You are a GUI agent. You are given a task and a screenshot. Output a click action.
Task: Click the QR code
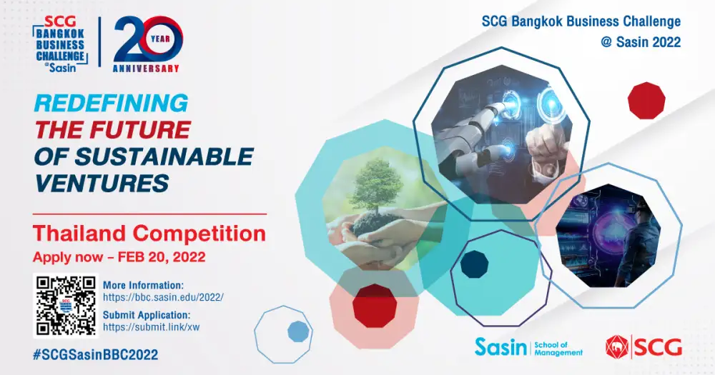coord(66,305)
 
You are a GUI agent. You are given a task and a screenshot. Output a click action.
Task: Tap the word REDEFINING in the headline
coord(111,104)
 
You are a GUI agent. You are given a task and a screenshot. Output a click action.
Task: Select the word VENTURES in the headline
coord(102,183)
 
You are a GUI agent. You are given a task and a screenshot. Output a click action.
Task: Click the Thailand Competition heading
coord(149,234)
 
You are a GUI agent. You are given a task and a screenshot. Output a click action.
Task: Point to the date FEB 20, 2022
coord(162,257)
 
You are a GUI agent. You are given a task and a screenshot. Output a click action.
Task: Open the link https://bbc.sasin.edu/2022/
coord(163,298)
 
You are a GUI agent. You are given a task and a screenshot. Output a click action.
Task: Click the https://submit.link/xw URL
coord(152,326)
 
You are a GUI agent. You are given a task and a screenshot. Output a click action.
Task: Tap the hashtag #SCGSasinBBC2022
coord(95,355)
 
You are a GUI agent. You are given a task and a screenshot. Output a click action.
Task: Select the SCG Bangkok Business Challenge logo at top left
coord(60,44)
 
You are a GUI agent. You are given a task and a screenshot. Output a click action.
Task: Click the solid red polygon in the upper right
coord(646,101)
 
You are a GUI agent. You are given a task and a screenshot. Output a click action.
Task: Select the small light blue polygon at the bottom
coord(298,331)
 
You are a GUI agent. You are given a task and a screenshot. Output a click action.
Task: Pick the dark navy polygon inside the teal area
coord(474,264)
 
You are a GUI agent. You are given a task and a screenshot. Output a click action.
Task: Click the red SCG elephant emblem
coord(617,347)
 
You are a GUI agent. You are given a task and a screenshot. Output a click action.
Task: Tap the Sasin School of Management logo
coord(528,347)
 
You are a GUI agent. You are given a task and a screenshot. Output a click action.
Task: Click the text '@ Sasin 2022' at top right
coord(641,42)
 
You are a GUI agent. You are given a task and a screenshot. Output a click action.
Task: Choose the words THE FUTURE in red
coord(113,130)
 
